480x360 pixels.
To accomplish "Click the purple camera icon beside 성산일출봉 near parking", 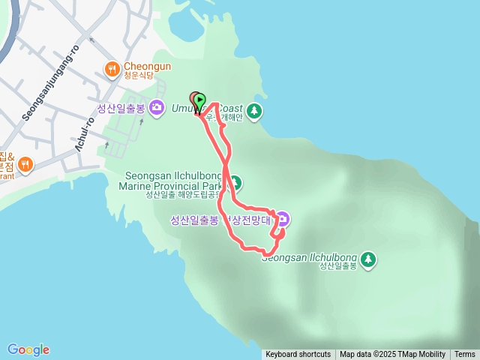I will (157, 108).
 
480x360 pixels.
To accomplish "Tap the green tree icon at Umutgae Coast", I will (255, 111).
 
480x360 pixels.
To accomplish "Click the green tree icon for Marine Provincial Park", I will (235, 182).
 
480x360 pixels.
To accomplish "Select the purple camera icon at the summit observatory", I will (283, 220).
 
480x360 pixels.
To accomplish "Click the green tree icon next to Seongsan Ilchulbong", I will (367, 259).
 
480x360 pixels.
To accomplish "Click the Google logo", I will (28, 349).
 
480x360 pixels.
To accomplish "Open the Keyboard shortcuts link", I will (298, 355).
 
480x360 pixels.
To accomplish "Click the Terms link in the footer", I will (464, 355).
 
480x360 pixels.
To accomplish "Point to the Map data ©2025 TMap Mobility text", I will (392, 355).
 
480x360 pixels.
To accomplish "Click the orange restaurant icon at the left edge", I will (25, 164).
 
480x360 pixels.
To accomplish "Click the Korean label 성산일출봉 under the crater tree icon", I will (337, 266).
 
